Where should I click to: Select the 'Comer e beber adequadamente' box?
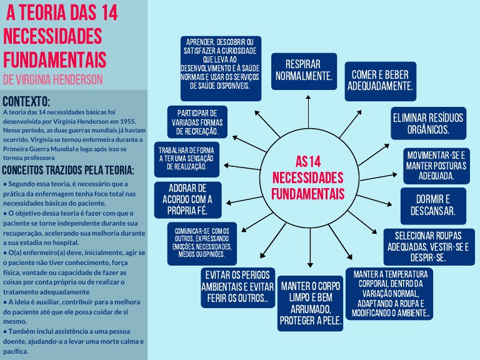pyautogui.click(x=381, y=79)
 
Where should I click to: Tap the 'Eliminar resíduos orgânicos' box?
pyautogui.click(x=428, y=123)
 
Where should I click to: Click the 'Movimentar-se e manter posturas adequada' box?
pyautogui.click(x=436, y=165)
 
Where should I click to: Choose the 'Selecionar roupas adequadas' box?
pyautogui.click(x=429, y=246)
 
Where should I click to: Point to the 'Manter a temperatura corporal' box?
pyautogui.click(x=391, y=294)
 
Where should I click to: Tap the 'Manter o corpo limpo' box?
pyautogui.click(x=311, y=302)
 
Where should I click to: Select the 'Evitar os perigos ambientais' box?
pyautogui.click(x=237, y=287)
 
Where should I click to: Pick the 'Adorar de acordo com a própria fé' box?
pyautogui.click(x=188, y=199)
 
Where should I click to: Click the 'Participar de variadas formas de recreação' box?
pyautogui.click(x=197, y=122)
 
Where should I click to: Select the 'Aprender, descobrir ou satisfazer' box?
pyautogui.click(x=220, y=68)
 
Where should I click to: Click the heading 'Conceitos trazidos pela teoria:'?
pyautogui.click(x=69, y=170)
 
